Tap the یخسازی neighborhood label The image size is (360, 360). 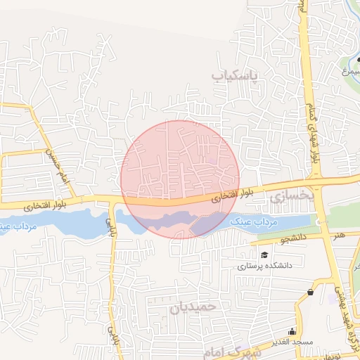[x=290, y=198]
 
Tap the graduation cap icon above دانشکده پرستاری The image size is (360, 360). [x=264, y=255]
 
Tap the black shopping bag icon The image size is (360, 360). [x=311, y=292]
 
